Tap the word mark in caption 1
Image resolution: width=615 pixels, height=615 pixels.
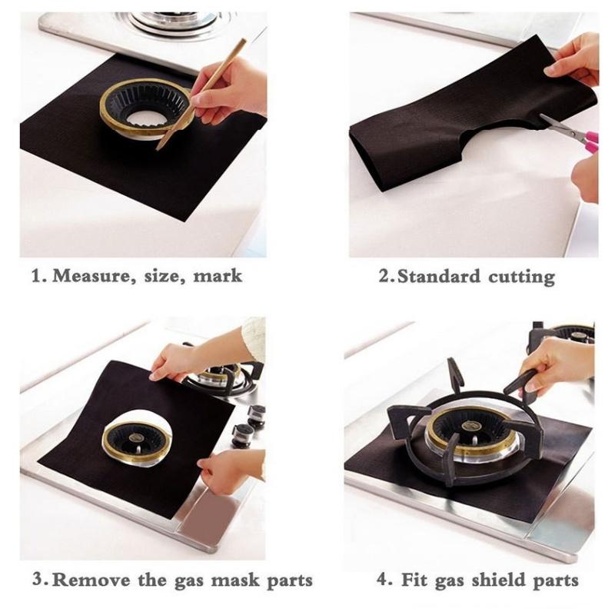(x=218, y=275)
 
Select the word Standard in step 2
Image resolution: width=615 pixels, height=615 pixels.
(x=438, y=276)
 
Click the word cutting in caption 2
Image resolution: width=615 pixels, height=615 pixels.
(x=521, y=278)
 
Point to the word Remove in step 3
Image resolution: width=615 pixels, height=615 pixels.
(x=91, y=580)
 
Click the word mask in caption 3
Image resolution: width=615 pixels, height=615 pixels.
(x=235, y=580)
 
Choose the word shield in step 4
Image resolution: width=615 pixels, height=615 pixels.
(x=497, y=580)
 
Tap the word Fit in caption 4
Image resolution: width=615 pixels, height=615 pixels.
(x=414, y=580)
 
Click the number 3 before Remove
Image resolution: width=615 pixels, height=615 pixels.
(x=38, y=580)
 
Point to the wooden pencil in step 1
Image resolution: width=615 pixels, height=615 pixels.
(x=201, y=94)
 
